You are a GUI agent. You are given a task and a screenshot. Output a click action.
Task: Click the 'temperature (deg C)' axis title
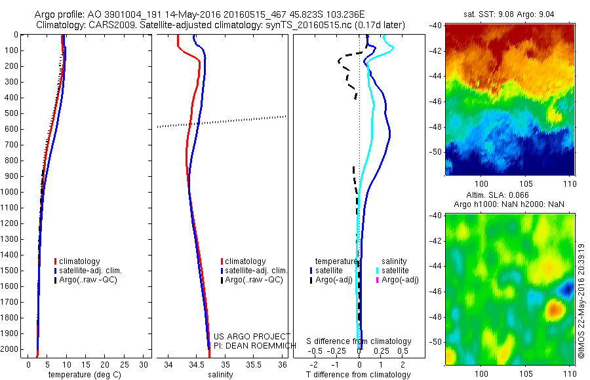[84, 375]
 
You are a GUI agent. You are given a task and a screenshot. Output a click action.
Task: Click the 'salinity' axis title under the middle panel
[220, 375]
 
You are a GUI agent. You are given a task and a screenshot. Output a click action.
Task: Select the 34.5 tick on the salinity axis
[197, 364]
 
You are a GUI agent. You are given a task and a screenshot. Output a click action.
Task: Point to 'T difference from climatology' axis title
[358, 375]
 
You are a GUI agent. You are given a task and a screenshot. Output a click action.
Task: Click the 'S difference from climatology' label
[359, 341]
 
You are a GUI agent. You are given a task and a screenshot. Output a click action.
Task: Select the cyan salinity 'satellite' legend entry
[394, 270]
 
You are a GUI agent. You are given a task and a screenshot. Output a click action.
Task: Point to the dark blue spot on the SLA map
[566, 288]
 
